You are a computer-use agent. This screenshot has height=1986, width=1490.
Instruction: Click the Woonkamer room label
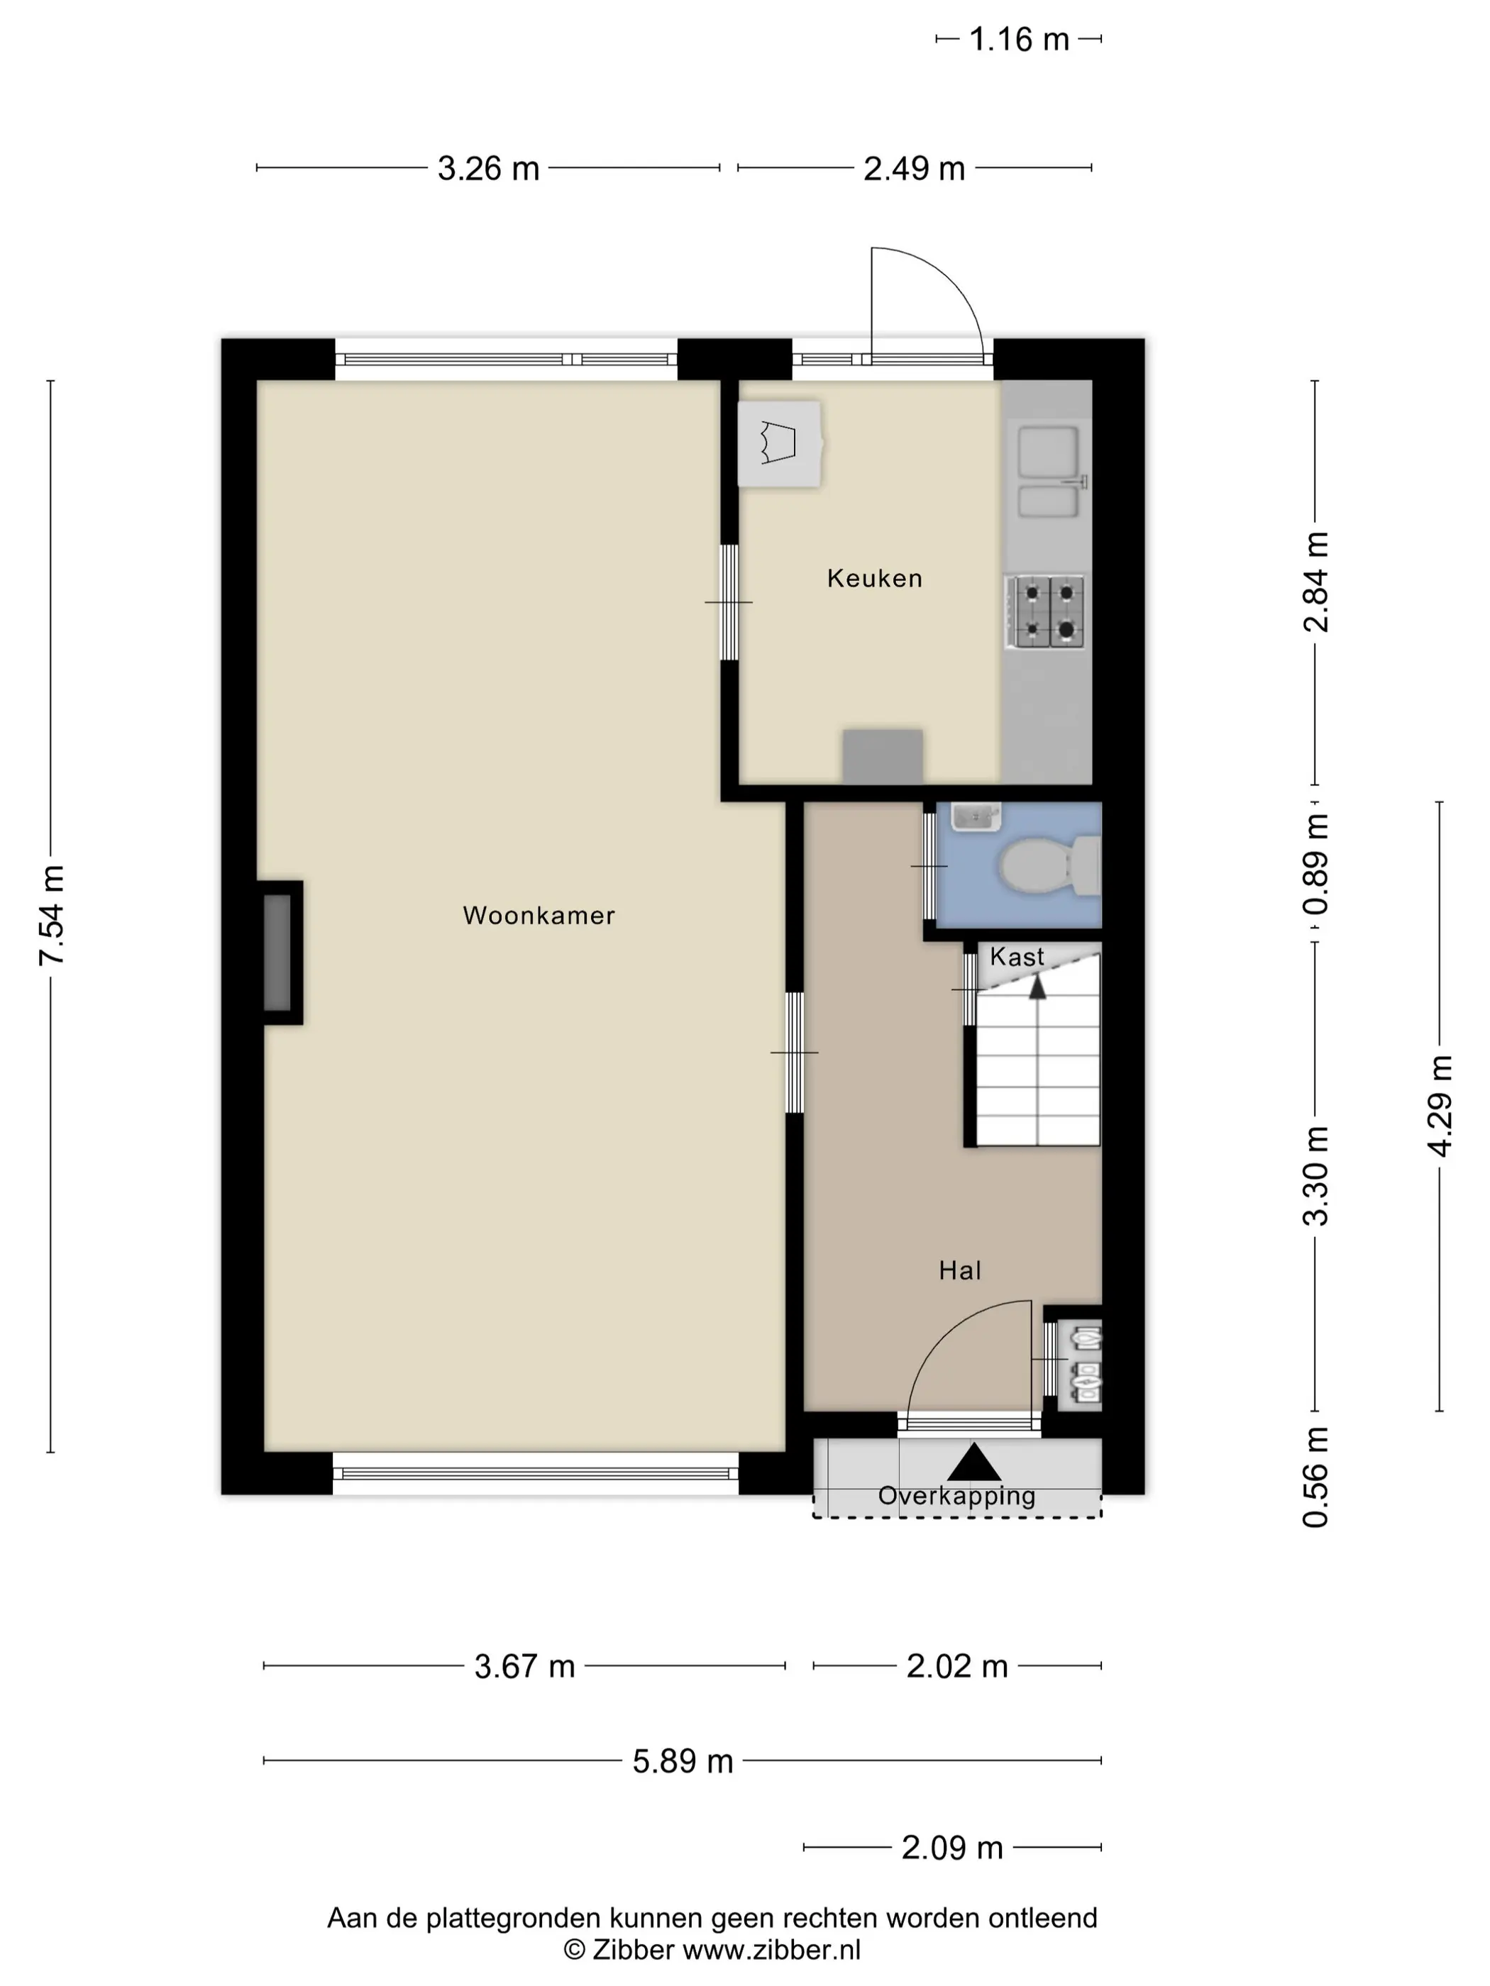click(x=539, y=916)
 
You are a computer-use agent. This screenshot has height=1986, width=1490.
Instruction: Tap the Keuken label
click(x=875, y=578)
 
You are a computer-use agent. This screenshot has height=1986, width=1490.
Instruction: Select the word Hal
click(x=960, y=1270)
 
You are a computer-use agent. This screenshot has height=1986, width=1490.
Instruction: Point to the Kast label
click(x=1017, y=957)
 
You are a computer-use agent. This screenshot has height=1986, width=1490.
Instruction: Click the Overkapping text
click(x=956, y=1496)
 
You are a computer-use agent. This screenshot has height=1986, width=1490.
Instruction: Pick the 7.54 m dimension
click(x=52, y=916)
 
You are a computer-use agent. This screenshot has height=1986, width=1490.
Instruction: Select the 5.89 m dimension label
click(x=683, y=1762)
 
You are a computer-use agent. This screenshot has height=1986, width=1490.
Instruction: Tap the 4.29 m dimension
click(x=1440, y=1106)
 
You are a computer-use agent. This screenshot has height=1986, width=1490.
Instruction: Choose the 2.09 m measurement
click(x=952, y=1848)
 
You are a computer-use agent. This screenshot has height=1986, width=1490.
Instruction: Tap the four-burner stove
click(x=1044, y=611)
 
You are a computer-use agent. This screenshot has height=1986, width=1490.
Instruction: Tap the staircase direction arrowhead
click(x=1037, y=987)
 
